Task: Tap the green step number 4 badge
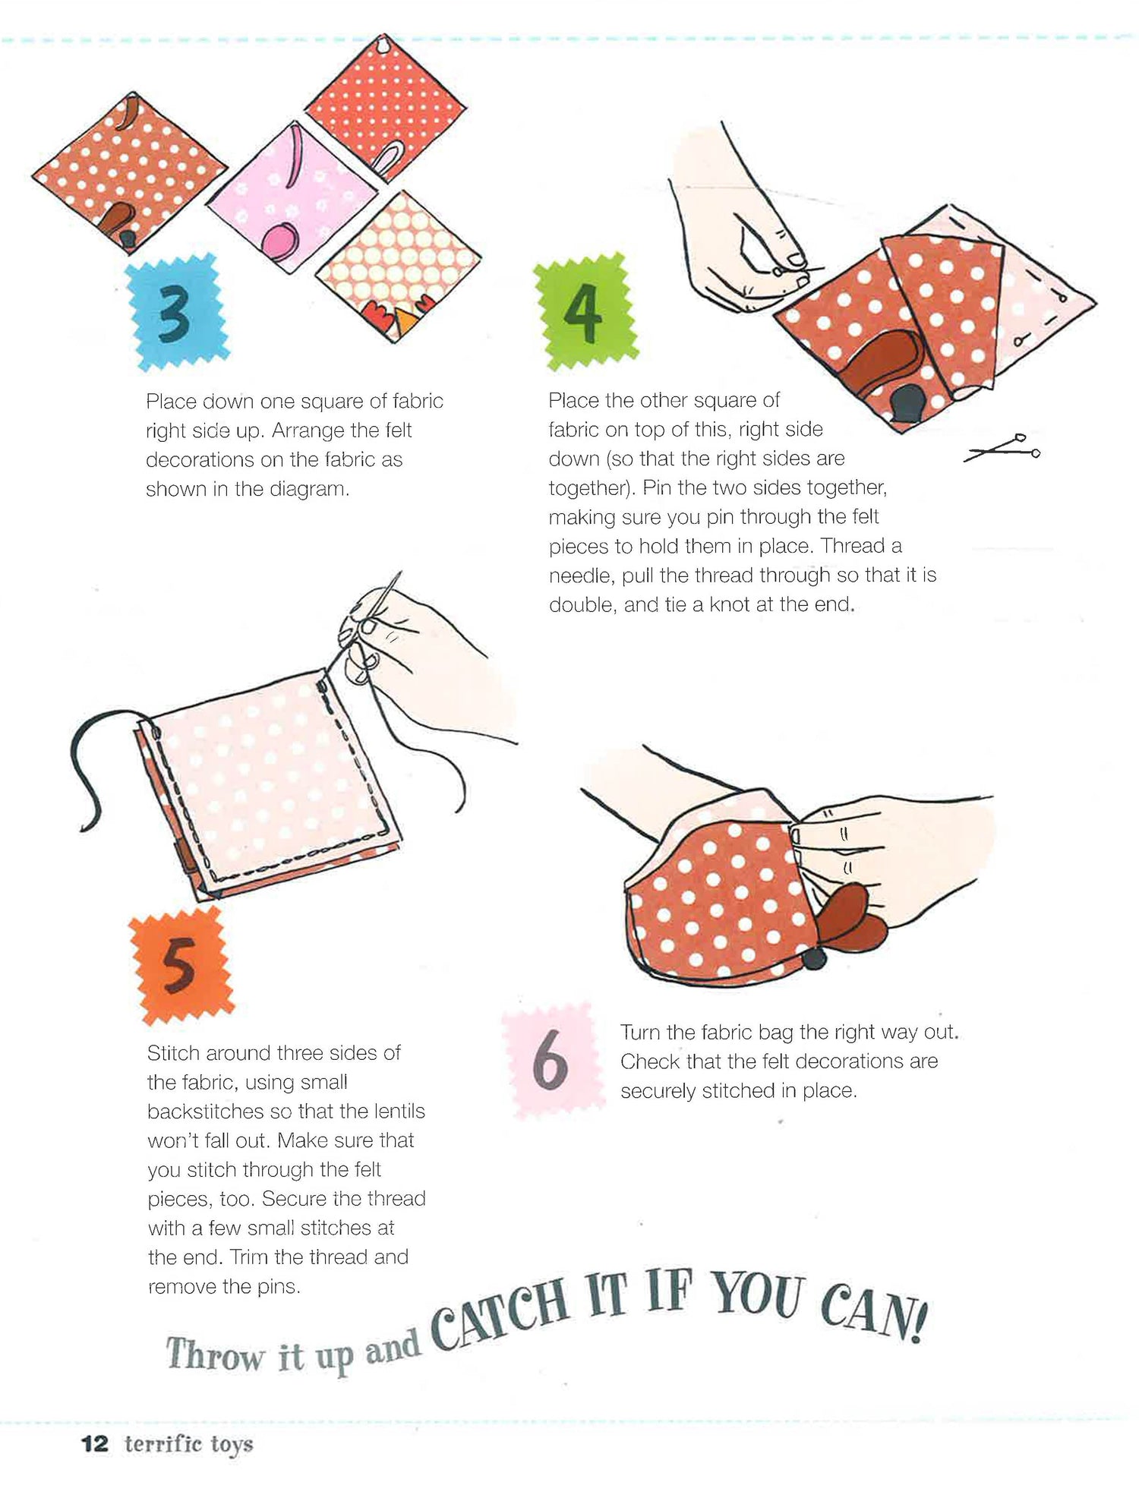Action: point(585,311)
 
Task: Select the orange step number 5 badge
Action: point(181,966)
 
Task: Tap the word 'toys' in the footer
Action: point(231,1445)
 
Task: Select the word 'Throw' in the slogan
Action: point(214,1355)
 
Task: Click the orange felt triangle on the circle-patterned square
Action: point(404,320)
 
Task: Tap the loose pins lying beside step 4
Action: point(1002,448)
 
